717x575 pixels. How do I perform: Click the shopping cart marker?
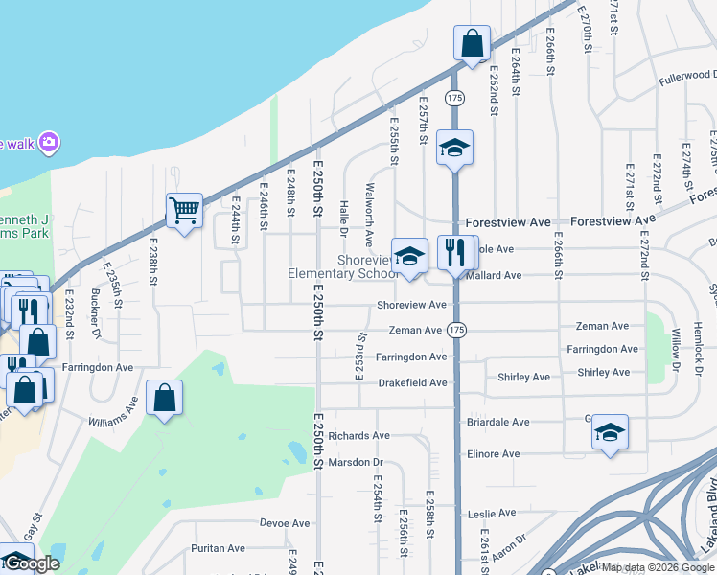(184, 210)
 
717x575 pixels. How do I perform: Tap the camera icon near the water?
(49, 143)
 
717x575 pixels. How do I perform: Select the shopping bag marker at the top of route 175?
(472, 43)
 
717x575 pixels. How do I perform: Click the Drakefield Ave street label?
(412, 382)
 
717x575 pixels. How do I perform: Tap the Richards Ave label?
(358, 435)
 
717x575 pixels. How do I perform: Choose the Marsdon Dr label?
(355, 461)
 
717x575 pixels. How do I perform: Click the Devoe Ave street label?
(285, 523)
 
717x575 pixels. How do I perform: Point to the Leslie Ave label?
(493, 515)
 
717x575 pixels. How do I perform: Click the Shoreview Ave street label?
(412, 305)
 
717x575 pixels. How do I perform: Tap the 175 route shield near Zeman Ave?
(455, 330)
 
